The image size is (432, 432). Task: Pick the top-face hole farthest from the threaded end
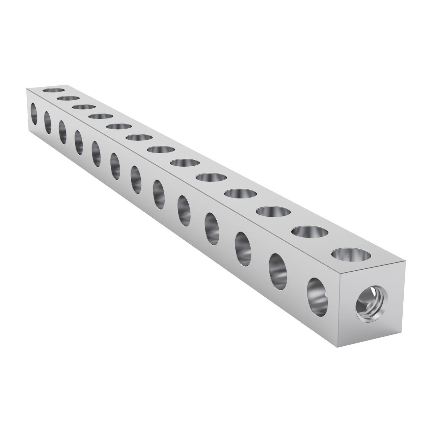pyautogui.click(x=54, y=90)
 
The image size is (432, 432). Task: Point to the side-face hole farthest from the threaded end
pyautogui.click(x=34, y=114)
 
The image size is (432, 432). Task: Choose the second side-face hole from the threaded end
pyautogui.click(x=278, y=272)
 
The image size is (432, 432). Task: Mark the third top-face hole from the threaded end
pyautogui.click(x=273, y=212)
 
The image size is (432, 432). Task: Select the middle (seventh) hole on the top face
pyautogui.click(x=161, y=150)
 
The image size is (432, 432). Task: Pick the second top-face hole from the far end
pyautogui.click(x=69, y=99)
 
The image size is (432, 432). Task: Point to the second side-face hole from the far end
pyautogui.click(x=48, y=123)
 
